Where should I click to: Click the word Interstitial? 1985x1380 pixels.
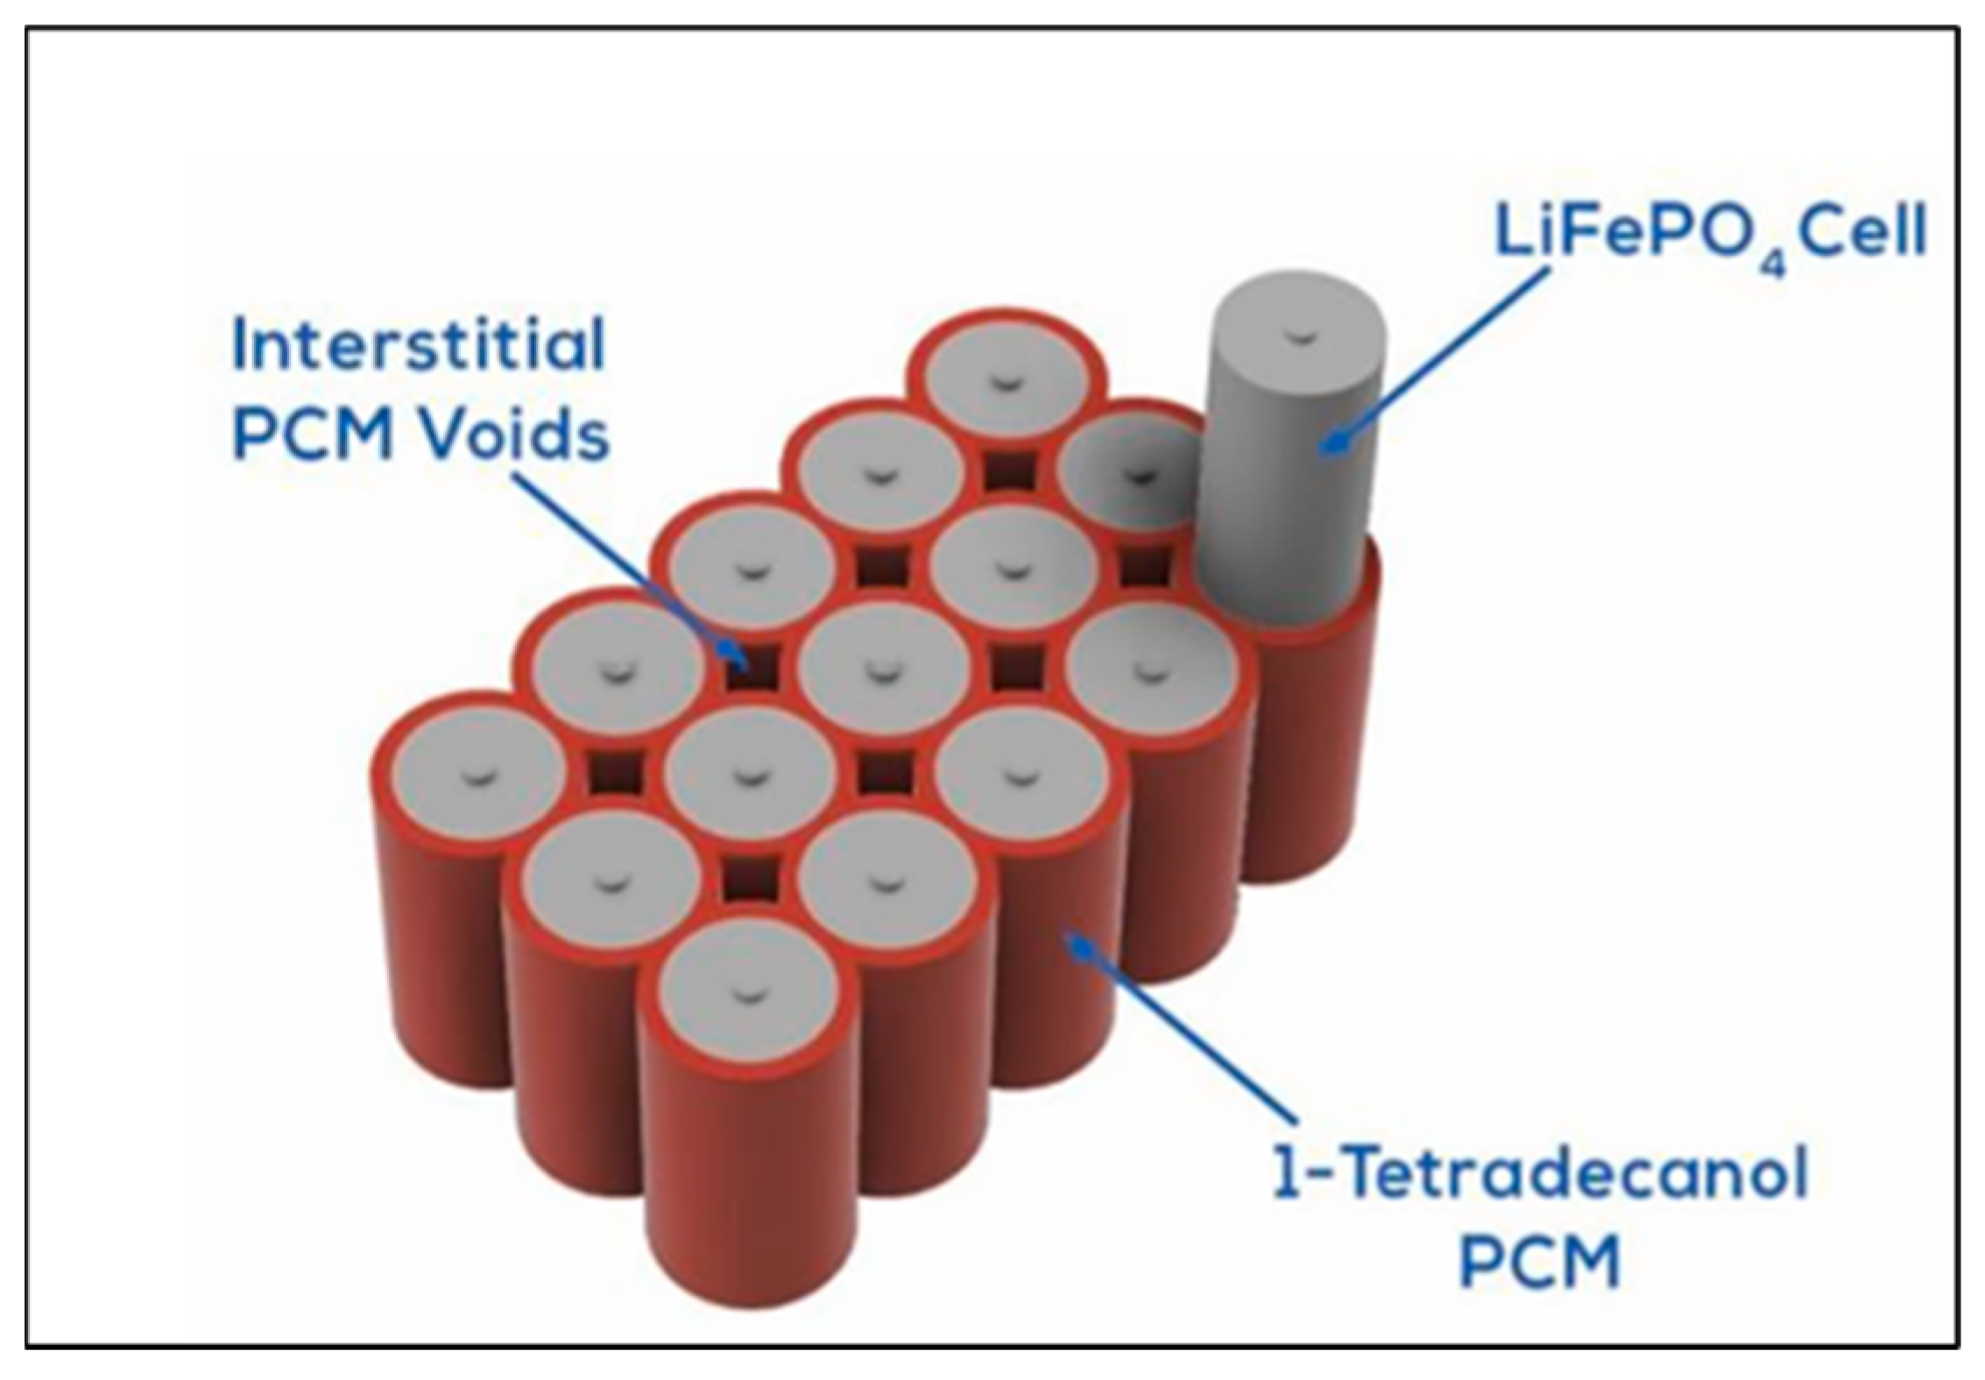coord(419,345)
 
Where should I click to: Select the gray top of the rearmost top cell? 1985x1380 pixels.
coord(1007,380)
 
